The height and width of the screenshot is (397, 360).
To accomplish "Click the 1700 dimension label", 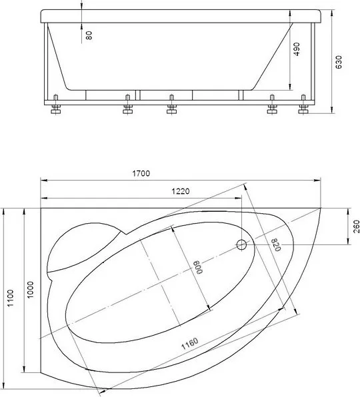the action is [x=141, y=173].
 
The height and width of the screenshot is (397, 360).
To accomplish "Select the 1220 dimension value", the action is [x=181, y=191].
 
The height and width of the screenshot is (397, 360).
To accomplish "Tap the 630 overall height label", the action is [x=339, y=62].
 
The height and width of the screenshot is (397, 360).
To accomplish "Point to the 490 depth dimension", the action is [x=297, y=49].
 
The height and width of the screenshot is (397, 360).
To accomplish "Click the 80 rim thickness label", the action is [x=89, y=35].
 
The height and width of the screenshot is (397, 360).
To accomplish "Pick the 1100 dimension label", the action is [x=10, y=298].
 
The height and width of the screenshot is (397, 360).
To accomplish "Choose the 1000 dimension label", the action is [x=31, y=290].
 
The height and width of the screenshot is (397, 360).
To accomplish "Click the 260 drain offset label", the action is [x=356, y=226].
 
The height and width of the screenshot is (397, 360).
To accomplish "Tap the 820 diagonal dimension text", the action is [x=276, y=245].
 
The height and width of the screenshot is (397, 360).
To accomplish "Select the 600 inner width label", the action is [x=199, y=267].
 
